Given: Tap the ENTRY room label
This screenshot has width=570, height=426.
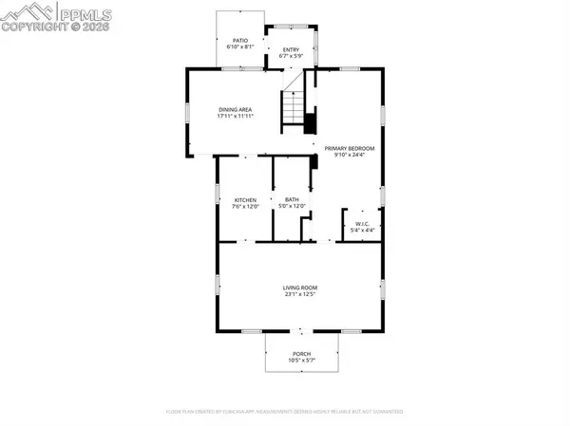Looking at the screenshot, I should [x=291, y=49].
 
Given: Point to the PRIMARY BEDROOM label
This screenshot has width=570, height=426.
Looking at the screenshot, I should [x=350, y=149].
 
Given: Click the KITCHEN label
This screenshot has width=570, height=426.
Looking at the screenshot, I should [x=246, y=200].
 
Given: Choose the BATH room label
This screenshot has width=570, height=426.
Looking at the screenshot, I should [x=292, y=200].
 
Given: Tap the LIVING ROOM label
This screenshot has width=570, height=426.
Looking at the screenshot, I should [x=299, y=287].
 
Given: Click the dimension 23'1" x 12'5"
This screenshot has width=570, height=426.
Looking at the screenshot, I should [x=299, y=295].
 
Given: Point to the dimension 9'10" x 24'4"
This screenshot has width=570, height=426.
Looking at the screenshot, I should [x=350, y=156].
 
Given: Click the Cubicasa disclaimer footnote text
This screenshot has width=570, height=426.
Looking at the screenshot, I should [x=285, y=413].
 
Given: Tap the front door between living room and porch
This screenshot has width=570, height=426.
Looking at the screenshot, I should [x=300, y=331].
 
